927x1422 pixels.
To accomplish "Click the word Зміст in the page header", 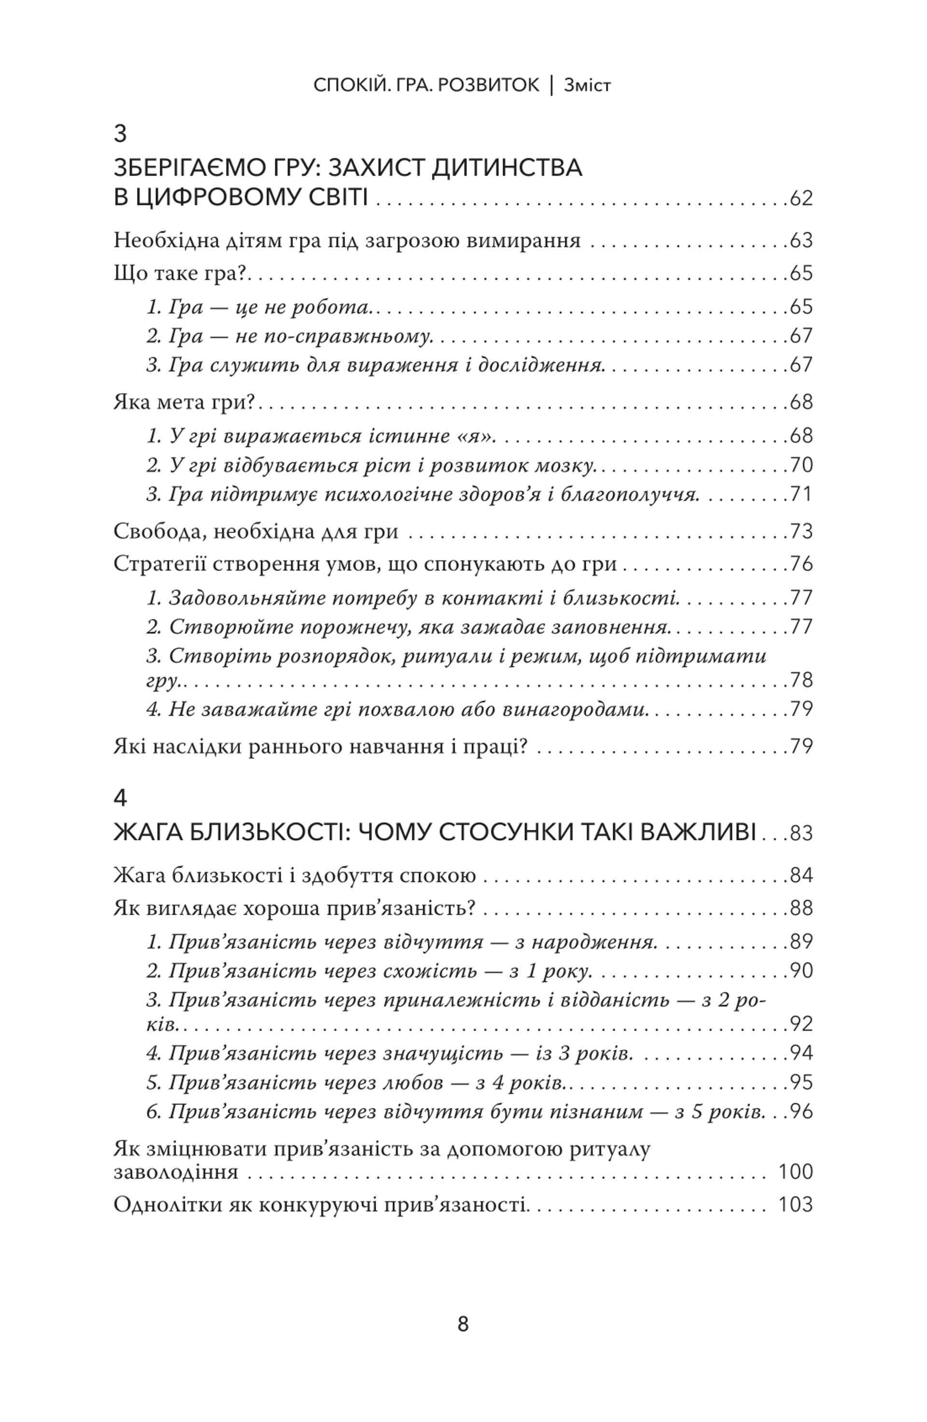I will [587, 85].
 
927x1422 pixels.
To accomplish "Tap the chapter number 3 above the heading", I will [120, 134].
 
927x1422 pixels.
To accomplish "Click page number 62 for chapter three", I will [801, 198].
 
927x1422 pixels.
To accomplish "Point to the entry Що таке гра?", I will [180, 274].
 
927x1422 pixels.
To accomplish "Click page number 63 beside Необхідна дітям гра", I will [801, 241].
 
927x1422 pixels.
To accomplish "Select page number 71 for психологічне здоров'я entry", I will [801, 495].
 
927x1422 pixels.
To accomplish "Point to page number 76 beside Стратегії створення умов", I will [801, 564].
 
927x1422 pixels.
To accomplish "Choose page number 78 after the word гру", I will [801, 680].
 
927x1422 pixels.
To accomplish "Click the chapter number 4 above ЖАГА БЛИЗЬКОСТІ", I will [120, 798].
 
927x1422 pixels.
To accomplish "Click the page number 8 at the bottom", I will [463, 1325].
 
